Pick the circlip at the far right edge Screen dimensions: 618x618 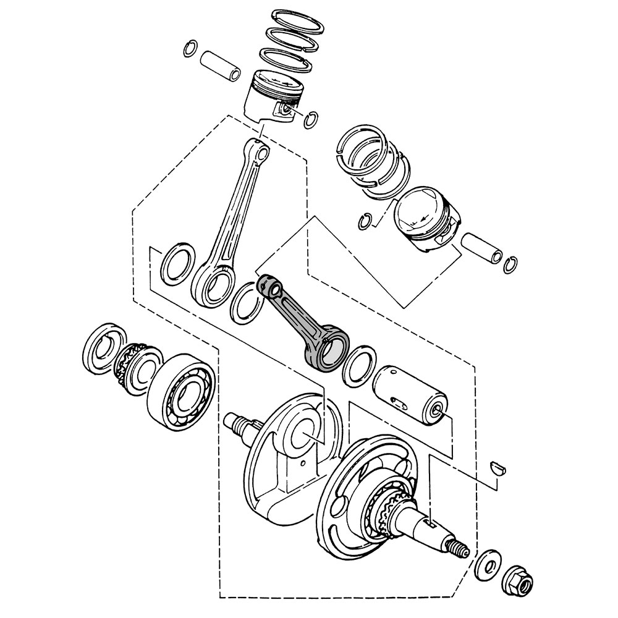pyautogui.click(x=510, y=265)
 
